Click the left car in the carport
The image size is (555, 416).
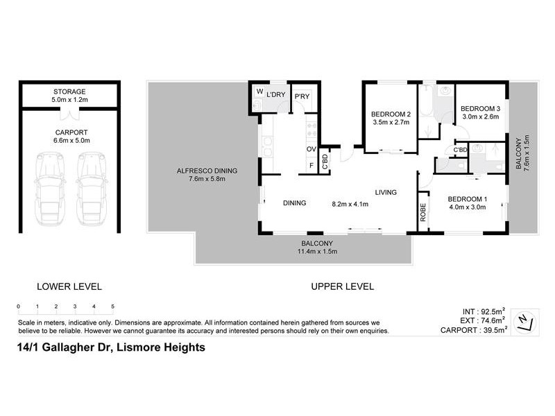(48, 188)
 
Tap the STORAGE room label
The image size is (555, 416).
(69, 92)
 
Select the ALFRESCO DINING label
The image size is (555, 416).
(207, 171)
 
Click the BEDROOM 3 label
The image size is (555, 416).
(481, 108)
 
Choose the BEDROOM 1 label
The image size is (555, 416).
(467, 200)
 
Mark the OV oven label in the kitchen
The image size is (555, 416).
(311, 149)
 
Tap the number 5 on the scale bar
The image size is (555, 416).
(112, 306)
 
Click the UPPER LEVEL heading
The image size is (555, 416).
(342, 286)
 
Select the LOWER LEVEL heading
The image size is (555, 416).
(69, 286)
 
